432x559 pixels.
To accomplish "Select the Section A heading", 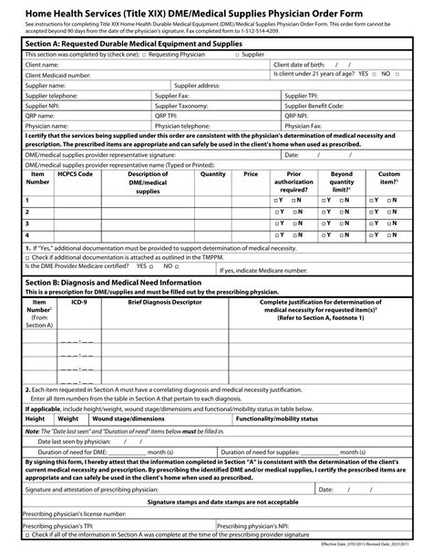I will click(128, 43).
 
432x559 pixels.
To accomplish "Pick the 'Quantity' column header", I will click(212, 173).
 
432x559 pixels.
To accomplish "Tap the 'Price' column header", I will click(251, 173).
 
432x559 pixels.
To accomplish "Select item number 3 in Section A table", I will click(27, 222).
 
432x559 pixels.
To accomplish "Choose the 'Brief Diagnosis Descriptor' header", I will click(165, 300).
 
